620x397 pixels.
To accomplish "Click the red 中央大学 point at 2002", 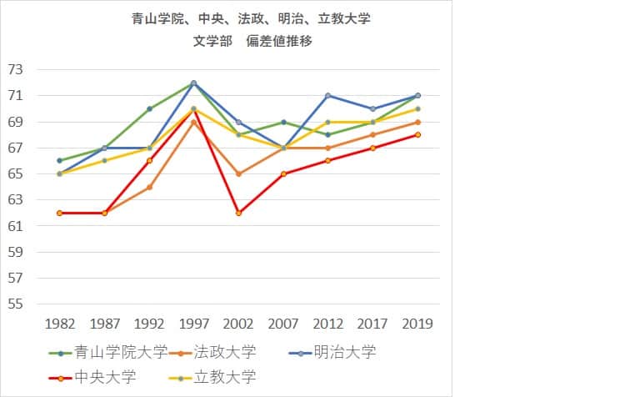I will coord(238,213).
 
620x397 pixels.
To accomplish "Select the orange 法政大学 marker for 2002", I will coord(238,173).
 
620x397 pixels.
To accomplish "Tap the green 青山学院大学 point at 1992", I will coord(149,108).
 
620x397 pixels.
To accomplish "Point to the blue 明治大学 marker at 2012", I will coord(328,95).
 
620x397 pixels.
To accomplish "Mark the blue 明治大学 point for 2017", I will coord(372,108).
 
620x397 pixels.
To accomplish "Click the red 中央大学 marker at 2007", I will coord(283,173).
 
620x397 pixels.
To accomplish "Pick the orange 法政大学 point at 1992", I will coord(149,187).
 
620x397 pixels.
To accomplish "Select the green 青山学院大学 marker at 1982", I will coord(60,160).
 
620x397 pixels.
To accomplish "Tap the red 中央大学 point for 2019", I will coord(417,134).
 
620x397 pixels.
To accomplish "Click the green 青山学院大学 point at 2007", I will coord(283,122).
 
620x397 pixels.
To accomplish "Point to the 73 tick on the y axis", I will coord(17,70).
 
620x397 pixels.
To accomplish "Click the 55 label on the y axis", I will coord(17,304).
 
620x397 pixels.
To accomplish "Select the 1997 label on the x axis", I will coord(193,324).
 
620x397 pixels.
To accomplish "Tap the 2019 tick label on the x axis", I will coord(417,324).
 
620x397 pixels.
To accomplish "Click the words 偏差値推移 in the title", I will coord(279,41).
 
